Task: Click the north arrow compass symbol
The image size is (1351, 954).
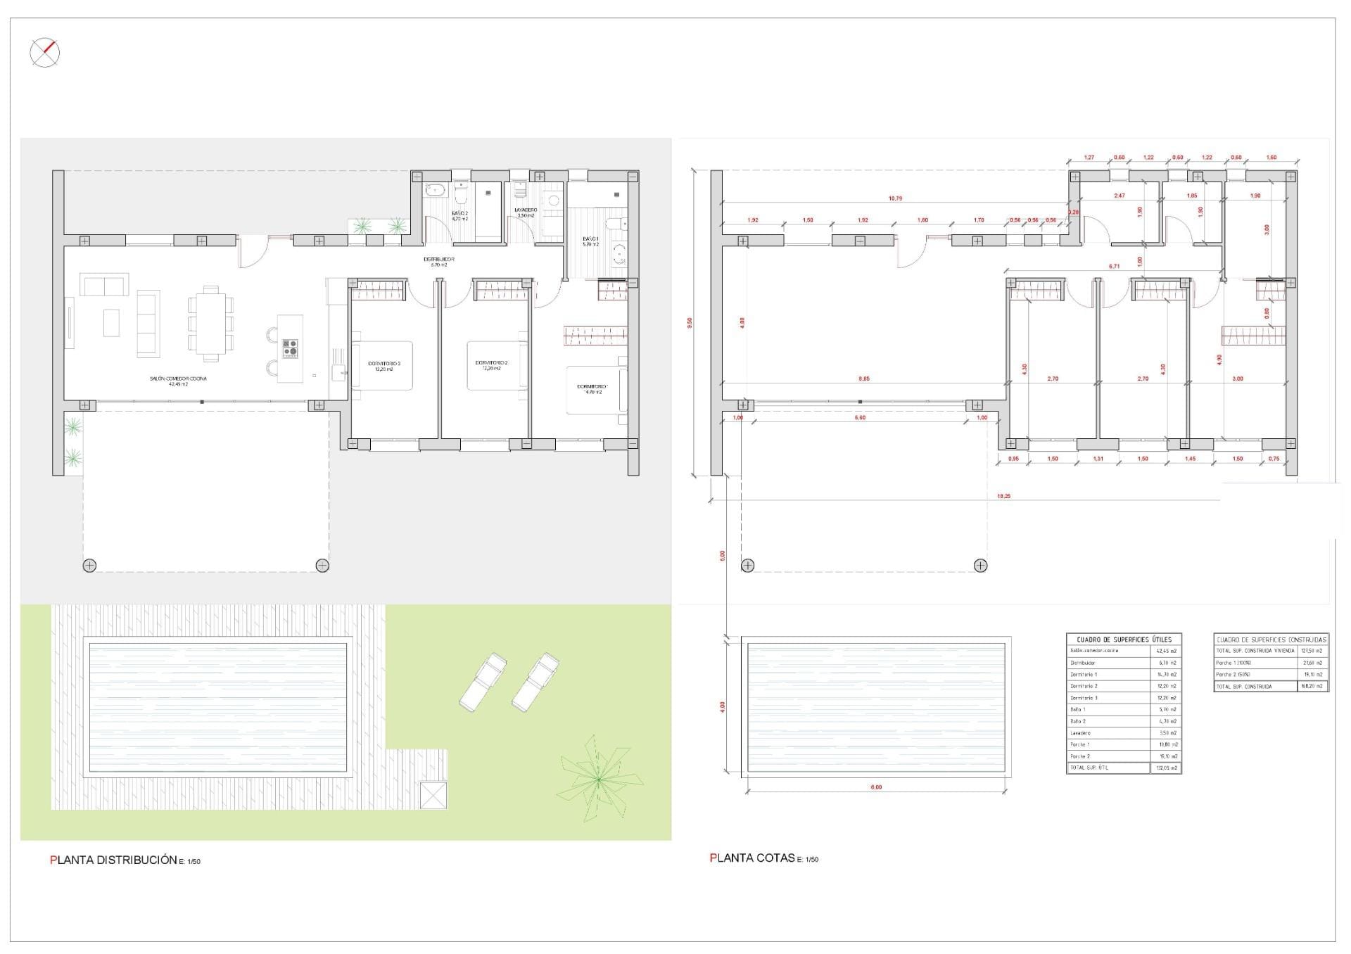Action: [45, 53]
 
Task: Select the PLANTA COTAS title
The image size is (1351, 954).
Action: [753, 858]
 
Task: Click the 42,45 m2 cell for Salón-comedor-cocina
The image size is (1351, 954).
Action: [1165, 651]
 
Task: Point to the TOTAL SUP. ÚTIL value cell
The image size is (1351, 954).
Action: [1165, 768]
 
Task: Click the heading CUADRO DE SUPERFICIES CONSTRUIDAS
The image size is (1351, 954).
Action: [1271, 640]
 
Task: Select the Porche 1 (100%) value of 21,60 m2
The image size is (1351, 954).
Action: [1312, 663]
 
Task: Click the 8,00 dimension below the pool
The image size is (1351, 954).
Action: [875, 787]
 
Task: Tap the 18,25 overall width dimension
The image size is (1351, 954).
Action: [1003, 496]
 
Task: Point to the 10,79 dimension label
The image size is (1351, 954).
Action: [894, 198]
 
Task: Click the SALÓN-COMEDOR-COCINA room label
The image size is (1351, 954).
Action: [178, 379]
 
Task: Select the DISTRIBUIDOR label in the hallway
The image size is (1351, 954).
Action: [439, 259]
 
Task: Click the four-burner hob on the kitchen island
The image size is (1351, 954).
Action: [290, 348]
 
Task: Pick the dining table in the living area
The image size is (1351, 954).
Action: [210, 324]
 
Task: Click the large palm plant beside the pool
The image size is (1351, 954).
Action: [597, 778]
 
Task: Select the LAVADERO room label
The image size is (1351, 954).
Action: [526, 210]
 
